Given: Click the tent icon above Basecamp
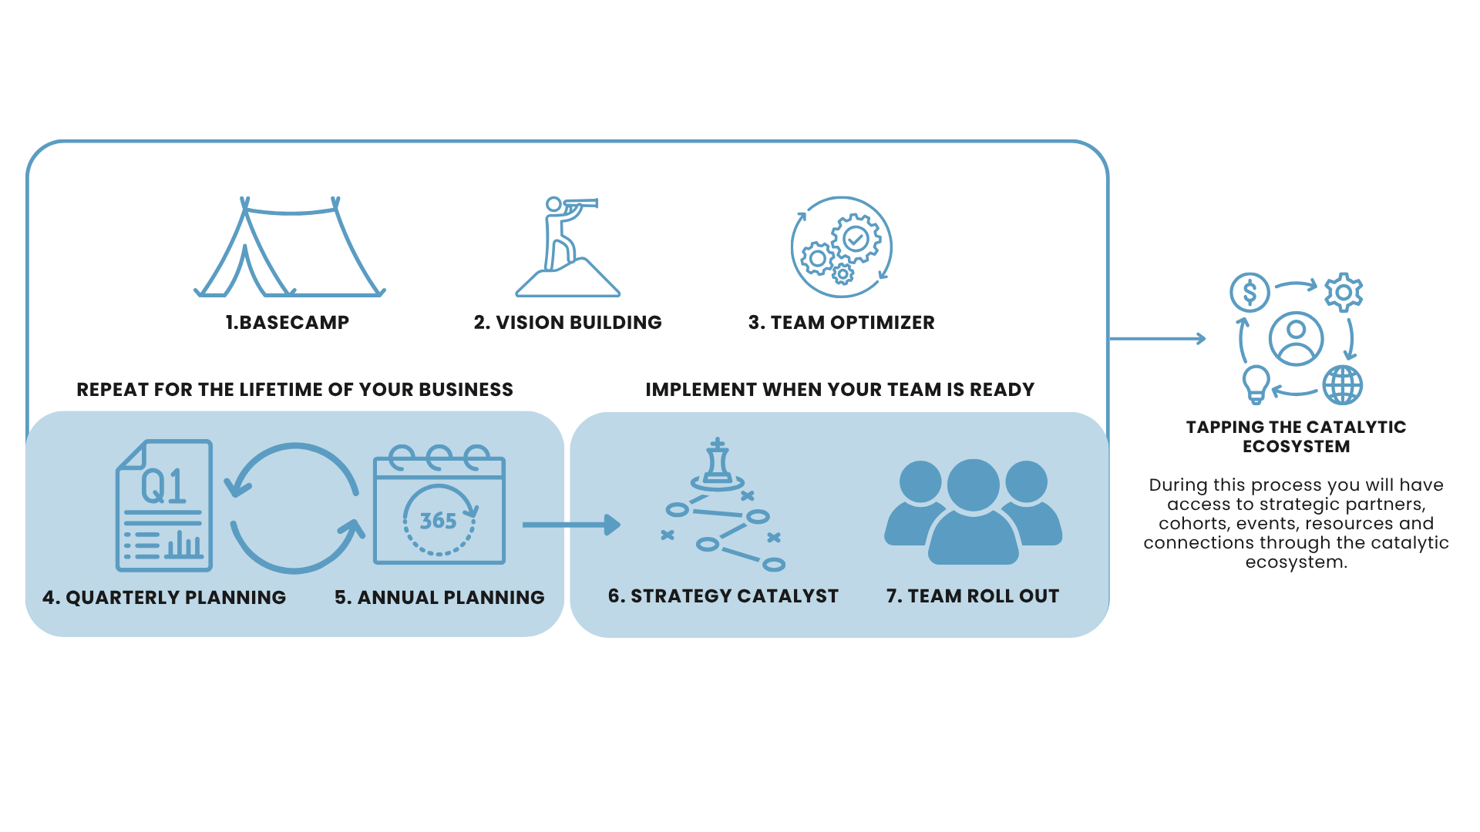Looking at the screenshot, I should click(289, 249).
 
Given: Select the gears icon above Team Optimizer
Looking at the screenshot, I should click(841, 247).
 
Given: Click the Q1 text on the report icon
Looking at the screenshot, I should click(163, 486).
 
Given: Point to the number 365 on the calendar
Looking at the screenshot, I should click(438, 521).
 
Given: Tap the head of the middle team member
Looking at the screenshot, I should click(973, 485).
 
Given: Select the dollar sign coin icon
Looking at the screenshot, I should click(1250, 293).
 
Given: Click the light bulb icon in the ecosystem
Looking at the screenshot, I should click(1256, 384).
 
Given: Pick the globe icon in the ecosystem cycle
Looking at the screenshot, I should click(1343, 385).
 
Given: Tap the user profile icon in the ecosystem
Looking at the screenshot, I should click(1297, 338).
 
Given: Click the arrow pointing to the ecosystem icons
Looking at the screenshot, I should click(1157, 338).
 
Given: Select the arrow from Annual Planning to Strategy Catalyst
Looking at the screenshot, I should click(570, 525).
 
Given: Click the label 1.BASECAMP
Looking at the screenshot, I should click(287, 323).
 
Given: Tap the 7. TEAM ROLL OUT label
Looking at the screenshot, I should click(973, 596).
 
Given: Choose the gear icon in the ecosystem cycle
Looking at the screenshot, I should click(1344, 293).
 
